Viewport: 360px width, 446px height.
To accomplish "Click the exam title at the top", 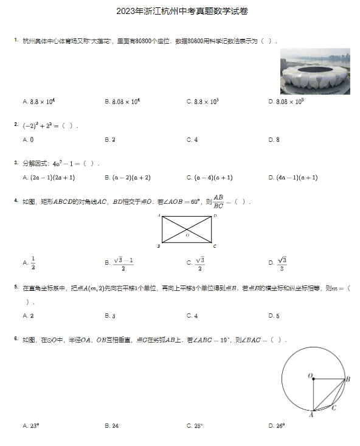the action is coord(180,11).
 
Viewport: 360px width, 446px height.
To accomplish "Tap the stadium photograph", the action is coord(315,71).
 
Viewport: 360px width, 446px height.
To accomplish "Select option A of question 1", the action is coord(39,102).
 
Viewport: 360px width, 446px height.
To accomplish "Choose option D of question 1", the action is coord(286,102).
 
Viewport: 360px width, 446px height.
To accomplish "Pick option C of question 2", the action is coord(192,140).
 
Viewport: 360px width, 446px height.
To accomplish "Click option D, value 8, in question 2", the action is coord(274,140).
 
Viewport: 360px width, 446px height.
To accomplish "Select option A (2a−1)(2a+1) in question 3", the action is coord(48,178).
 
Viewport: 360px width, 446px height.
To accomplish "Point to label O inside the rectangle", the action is coord(187,234).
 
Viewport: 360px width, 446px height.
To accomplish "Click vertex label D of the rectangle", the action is coord(215,216).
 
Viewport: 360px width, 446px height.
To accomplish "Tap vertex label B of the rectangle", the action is coord(159,246).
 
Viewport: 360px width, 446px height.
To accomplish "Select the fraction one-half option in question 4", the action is coord(32,262).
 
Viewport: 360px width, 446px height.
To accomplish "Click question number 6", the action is coord(16,338).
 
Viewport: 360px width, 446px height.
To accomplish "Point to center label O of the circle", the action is coord(310,375).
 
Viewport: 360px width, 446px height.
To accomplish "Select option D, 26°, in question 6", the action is coord(277,426).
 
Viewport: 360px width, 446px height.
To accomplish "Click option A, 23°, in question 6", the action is coord(31,426).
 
